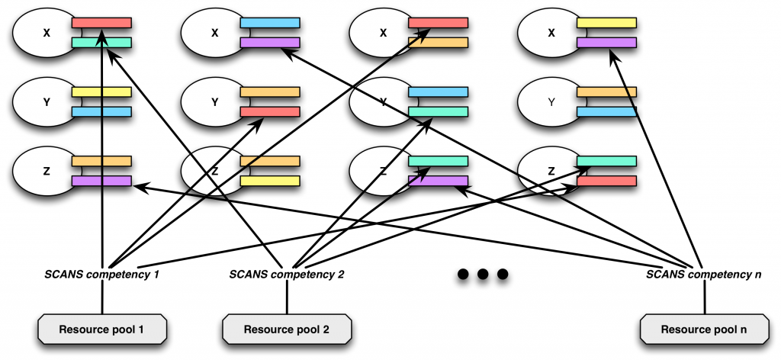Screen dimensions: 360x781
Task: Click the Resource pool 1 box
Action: [102, 329]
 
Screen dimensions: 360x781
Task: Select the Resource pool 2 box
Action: [287, 329]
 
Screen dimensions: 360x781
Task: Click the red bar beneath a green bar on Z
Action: [607, 182]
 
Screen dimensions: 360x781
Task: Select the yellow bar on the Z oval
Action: [270, 182]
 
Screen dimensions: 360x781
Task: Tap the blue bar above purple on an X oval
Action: [270, 23]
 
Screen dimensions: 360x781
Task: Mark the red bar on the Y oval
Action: [270, 112]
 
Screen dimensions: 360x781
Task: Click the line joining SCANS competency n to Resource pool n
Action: [703, 297]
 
